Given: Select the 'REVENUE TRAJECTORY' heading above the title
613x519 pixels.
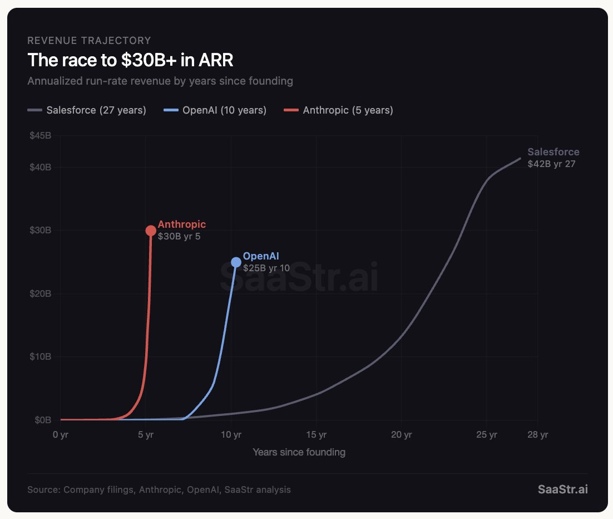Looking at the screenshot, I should pyautogui.click(x=89, y=40).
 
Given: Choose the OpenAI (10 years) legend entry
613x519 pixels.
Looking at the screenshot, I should pyautogui.click(x=215, y=110).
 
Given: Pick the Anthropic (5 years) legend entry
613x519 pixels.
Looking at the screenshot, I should pyautogui.click(x=339, y=110).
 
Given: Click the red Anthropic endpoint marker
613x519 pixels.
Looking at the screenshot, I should pyautogui.click(x=151, y=231).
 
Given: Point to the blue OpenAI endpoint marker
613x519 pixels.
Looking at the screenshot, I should pyautogui.click(x=236, y=262).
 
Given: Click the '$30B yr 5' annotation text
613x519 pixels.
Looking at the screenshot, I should pyautogui.click(x=179, y=236).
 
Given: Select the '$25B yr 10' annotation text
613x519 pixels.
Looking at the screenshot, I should pyautogui.click(x=266, y=268).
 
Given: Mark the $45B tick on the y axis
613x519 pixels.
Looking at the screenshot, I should pyautogui.click(x=40, y=136).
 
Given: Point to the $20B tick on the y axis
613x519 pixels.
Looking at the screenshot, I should pyautogui.click(x=40, y=293).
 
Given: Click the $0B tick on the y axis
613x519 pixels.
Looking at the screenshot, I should pyautogui.click(x=42, y=420).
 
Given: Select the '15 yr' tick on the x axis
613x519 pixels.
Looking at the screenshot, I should pyautogui.click(x=316, y=434).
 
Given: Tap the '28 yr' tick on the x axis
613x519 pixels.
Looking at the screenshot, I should pyautogui.click(x=537, y=434).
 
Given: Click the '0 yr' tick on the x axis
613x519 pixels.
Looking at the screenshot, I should pyautogui.click(x=60, y=434).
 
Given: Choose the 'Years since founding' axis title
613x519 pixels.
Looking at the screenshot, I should pyautogui.click(x=299, y=452).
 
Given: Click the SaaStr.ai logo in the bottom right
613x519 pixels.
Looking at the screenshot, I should pyautogui.click(x=562, y=489).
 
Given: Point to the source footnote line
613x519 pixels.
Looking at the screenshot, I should pyautogui.click(x=159, y=489).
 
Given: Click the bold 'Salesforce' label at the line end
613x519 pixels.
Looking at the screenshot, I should pyautogui.click(x=553, y=151).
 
